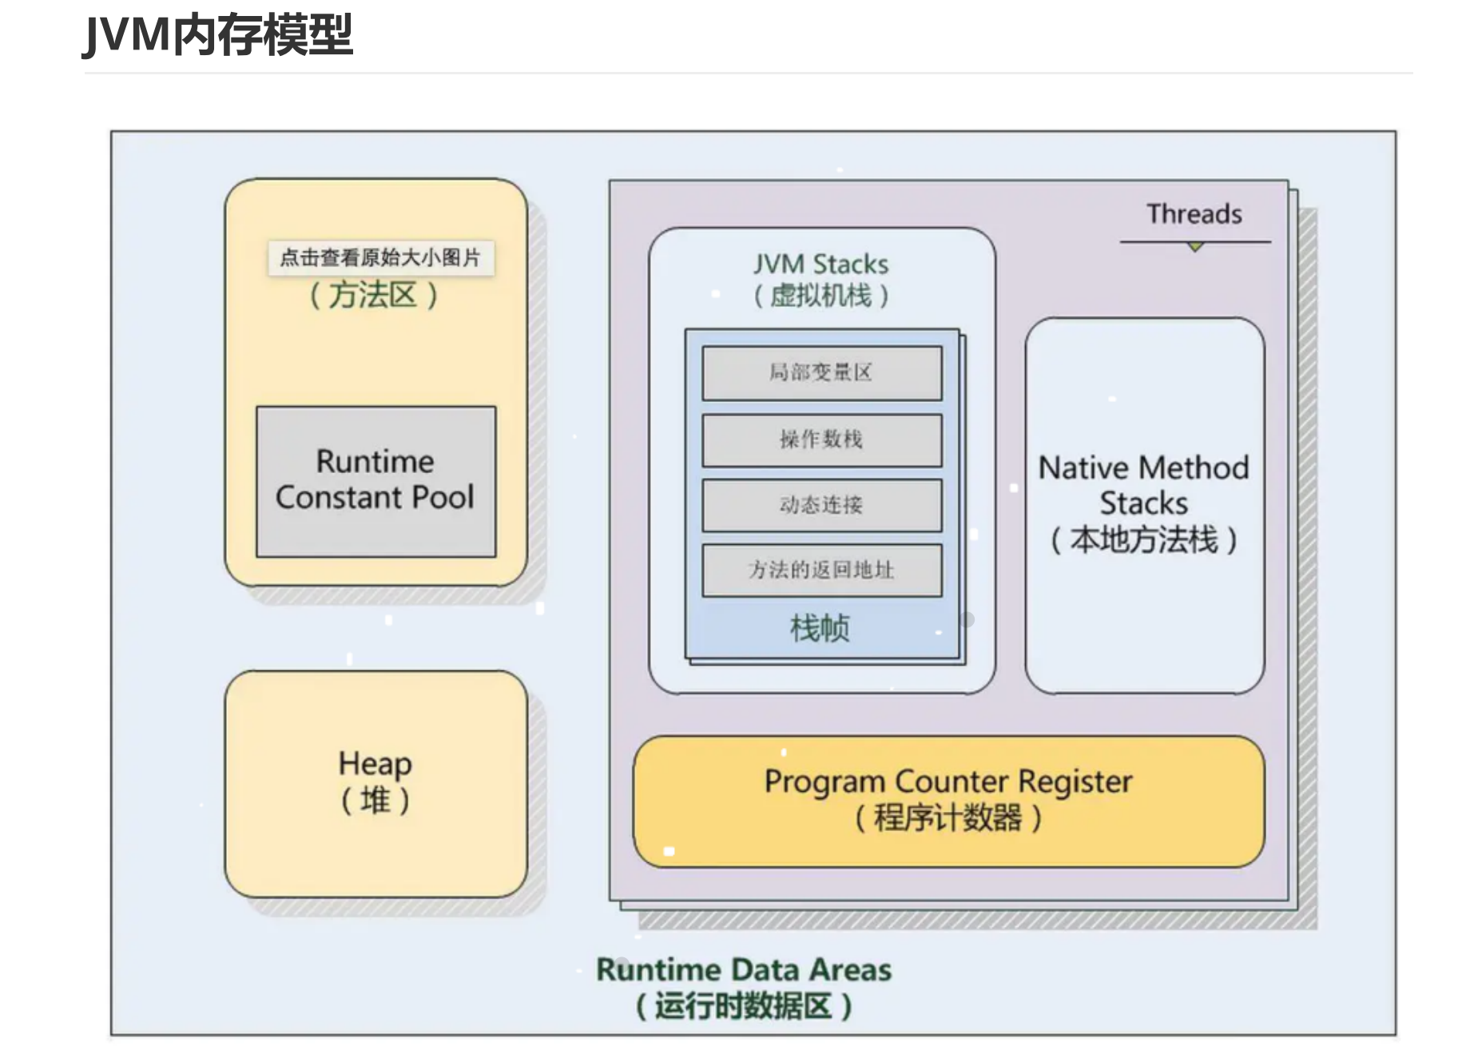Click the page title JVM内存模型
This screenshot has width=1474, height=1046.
coord(217,35)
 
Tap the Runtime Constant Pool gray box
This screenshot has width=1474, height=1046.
coord(375,482)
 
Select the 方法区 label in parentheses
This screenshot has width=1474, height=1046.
coord(374,296)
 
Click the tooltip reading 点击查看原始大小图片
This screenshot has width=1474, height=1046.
coord(380,257)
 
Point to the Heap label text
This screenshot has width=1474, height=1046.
coord(375,764)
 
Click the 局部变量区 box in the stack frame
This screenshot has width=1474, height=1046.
coord(822,372)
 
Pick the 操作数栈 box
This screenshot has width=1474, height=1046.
coord(822,439)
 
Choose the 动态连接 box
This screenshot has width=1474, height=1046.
coord(822,505)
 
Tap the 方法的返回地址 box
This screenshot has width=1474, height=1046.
coord(822,571)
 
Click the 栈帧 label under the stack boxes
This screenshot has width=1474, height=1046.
coord(820,628)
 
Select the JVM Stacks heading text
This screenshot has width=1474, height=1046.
coord(820,264)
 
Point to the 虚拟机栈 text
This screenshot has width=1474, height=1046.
coord(820,296)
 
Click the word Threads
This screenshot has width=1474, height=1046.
coord(1194,214)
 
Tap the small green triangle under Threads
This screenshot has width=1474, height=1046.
coord(1195,247)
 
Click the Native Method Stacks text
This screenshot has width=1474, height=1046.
coord(1144,485)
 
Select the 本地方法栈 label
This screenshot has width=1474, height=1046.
coord(1144,540)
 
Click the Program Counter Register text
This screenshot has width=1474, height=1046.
coord(948,782)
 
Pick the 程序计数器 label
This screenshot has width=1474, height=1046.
coord(948,818)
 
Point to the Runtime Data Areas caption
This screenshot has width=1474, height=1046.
coord(744,970)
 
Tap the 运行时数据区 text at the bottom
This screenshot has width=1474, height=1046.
coord(744,1006)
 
